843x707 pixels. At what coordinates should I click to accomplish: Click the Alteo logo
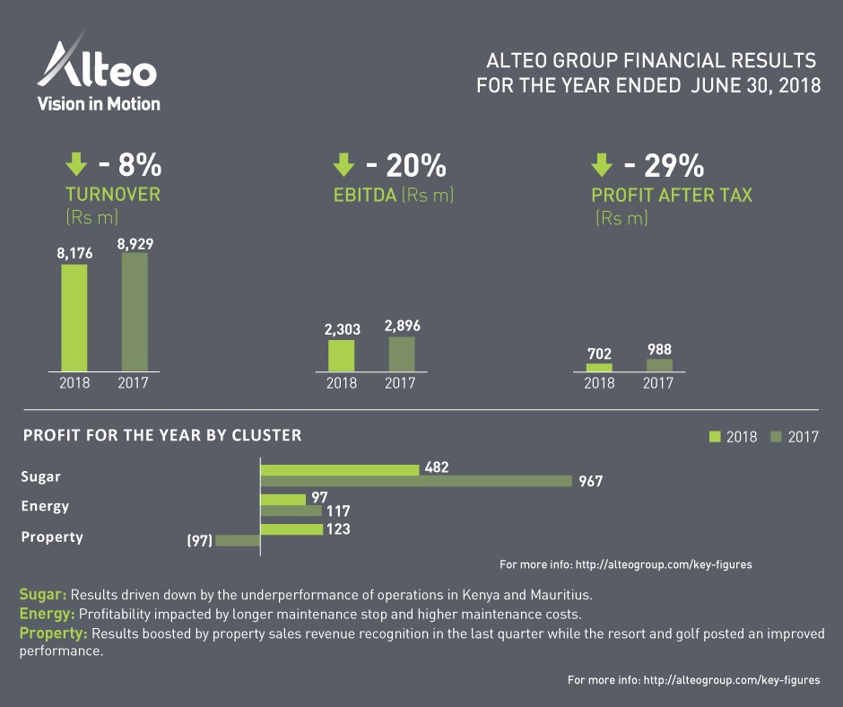(97, 72)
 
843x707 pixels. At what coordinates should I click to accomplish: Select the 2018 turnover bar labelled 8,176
(74, 318)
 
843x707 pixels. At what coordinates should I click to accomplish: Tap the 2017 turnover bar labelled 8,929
(135, 311)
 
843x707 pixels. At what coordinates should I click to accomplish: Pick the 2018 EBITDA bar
(341, 355)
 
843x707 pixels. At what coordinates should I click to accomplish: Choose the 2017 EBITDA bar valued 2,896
(402, 353)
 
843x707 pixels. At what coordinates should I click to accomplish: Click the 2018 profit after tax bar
(599, 367)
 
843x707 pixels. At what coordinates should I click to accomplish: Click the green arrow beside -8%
(76, 164)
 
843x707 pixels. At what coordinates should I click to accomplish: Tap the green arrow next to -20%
(343, 164)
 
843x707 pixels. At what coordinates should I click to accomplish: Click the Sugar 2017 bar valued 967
(415, 481)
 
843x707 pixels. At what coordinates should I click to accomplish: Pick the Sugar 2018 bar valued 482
(339, 469)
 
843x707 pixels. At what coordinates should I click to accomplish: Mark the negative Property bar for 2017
(237, 541)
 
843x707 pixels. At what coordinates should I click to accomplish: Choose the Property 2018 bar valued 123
(291, 529)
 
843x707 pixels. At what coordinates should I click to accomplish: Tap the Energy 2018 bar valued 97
(282, 500)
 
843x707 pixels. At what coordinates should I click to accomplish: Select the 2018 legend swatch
(715, 437)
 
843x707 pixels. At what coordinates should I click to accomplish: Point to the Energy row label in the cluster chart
(45, 507)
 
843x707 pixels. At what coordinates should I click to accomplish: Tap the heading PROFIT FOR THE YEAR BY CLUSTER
(162, 436)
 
